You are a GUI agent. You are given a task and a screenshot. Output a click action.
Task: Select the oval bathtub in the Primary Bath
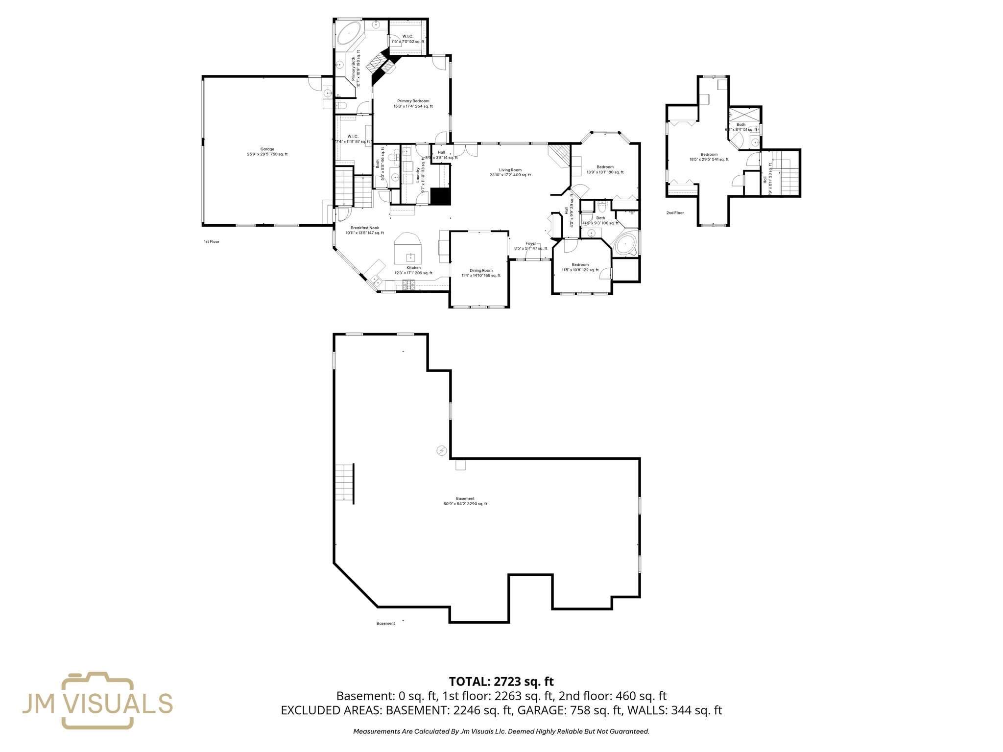pyautogui.click(x=348, y=34)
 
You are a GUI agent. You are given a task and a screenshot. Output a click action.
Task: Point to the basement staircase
pyautogui.click(x=344, y=482)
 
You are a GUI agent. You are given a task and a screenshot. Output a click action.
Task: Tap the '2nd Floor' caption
pyautogui.click(x=675, y=213)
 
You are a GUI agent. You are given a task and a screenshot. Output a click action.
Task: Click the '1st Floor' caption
pyautogui.click(x=212, y=242)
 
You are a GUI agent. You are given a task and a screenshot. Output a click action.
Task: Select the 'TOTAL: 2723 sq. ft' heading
pyautogui.click(x=501, y=681)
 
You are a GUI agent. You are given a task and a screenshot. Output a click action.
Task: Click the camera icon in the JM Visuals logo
pyautogui.click(x=97, y=701)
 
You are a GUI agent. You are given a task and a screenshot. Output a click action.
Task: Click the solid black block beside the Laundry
pyautogui.click(x=440, y=197)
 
